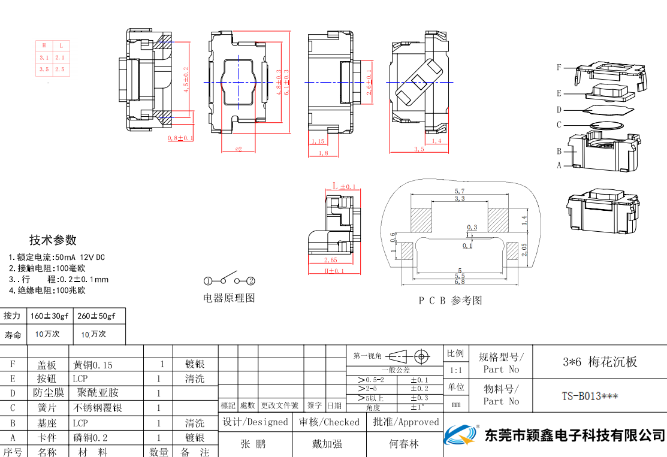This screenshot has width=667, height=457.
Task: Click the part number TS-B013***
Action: click(x=590, y=396)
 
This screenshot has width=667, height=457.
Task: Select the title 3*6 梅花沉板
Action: click(x=599, y=362)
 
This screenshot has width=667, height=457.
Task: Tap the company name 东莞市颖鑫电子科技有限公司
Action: click(x=575, y=434)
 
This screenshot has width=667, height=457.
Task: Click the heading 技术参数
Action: click(x=53, y=240)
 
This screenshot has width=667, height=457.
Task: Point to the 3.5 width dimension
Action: click(x=419, y=149)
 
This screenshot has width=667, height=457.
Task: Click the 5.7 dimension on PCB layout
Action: click(x=459, y=191)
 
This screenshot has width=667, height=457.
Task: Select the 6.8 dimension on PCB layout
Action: click(x=459, y=282)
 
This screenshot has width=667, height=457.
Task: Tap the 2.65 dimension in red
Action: click(x=330, y=260)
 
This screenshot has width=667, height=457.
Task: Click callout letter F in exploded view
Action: click(x=559, y=68)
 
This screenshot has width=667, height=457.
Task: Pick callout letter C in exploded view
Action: click(x=559, y=125)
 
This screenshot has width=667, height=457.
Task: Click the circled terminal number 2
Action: click(x=251, y=281)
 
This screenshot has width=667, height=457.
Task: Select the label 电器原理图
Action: click(x=229, y=298)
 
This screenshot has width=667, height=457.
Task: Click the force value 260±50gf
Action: click(x=96, y=316)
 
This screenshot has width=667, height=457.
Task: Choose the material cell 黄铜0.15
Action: click(x=92, y=364)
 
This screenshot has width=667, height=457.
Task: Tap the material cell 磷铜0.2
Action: click(x=90, y=438)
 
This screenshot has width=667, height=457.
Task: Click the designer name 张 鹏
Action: click(x=253, y=444)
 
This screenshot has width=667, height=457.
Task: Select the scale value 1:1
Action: click(x=455, y=371)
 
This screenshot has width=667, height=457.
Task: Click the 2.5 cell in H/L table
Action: click(x=60, y=69)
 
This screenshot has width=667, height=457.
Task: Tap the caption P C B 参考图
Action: click(x=450, y=301)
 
